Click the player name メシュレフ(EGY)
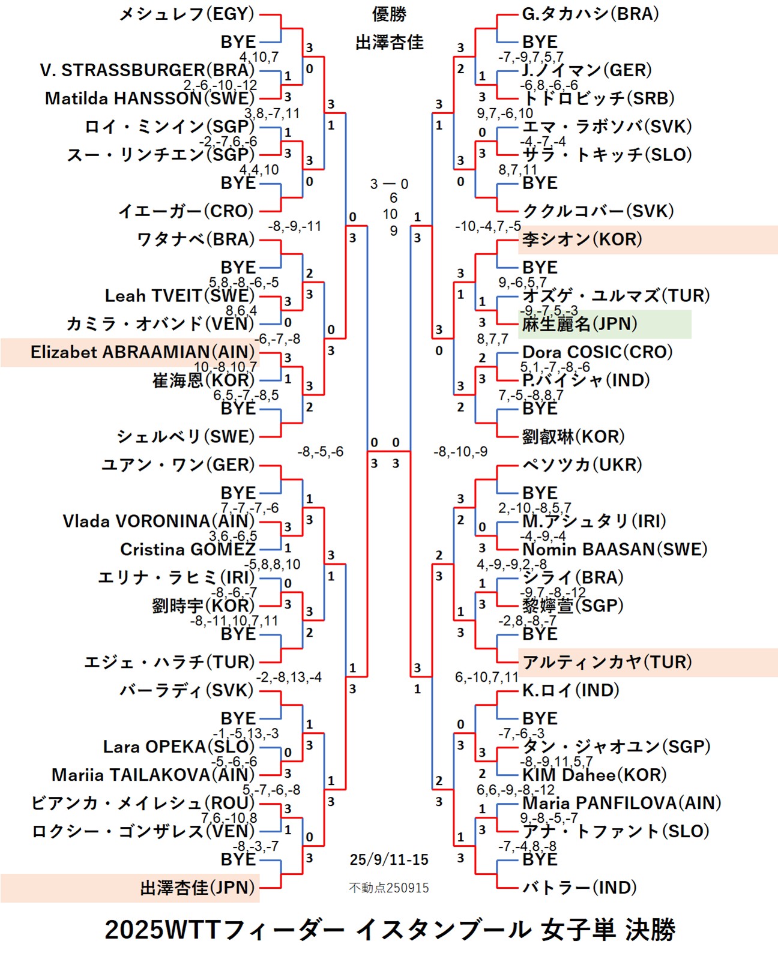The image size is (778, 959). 187,14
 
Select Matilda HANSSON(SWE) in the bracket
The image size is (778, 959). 149,98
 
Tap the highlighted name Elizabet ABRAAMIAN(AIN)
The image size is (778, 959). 143,352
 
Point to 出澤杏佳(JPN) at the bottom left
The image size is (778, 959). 198,888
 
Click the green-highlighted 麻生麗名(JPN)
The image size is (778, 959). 579,324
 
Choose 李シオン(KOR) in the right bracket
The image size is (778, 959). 582,239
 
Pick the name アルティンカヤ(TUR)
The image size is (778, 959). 607,662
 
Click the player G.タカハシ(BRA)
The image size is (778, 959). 590,14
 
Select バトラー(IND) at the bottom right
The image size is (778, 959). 579,888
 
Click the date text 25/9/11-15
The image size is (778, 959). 389,859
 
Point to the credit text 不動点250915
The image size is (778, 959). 389,888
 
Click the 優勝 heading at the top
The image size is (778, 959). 389,14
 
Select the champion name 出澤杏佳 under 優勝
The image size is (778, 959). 389,42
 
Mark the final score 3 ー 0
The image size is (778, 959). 389,184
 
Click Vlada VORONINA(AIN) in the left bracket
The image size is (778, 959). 158,521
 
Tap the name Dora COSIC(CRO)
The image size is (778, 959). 597,352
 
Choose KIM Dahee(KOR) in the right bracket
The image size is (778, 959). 594,775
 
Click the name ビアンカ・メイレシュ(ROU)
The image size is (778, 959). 143,803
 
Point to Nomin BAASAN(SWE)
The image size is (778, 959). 615,549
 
